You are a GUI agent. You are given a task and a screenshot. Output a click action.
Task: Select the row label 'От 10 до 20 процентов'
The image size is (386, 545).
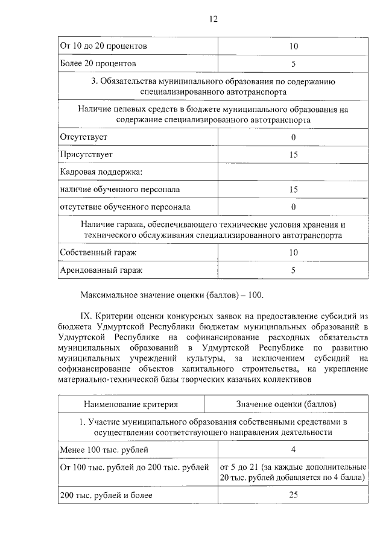103,46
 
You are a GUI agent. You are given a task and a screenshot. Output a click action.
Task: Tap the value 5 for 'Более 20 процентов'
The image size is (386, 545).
293,63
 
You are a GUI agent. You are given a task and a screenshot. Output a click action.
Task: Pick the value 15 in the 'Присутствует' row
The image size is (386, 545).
294,155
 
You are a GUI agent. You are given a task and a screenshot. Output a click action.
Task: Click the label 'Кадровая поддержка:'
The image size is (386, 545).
100,172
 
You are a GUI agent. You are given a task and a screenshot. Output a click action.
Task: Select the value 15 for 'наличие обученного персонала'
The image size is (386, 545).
294,190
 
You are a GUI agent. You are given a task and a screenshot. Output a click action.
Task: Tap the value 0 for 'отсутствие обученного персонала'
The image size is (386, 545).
293,207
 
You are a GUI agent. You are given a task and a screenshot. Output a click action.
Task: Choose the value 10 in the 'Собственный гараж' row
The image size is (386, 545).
294,253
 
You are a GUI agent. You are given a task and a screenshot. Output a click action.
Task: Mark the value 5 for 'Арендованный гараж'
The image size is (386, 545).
293,270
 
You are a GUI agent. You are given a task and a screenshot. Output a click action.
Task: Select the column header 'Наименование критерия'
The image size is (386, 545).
131,403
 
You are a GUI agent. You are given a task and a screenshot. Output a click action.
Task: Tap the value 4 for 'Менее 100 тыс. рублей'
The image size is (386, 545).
293,449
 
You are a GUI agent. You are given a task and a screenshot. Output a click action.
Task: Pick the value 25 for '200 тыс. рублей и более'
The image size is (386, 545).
294,496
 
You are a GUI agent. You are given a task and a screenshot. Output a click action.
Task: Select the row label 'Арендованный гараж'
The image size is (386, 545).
101,270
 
